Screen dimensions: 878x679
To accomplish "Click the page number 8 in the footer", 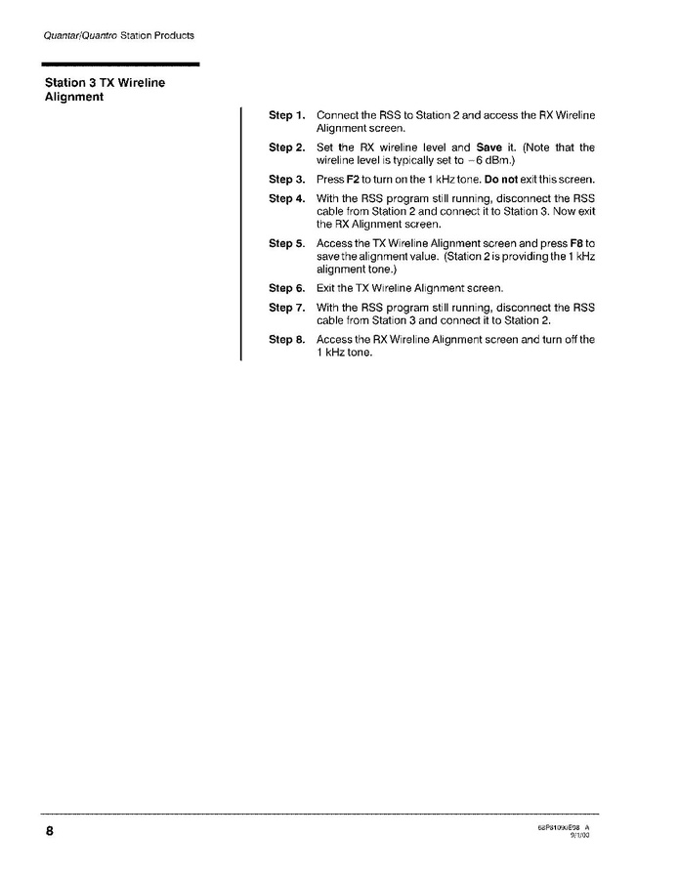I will click(x=48, y=832).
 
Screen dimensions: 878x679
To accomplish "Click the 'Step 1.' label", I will click(x=287, y=116).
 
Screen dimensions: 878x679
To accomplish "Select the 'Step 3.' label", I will click(x=287, y=180).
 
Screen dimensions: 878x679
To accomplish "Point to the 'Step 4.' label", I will click(x=287, y=199).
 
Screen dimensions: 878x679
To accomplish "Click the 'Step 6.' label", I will click(x=287, y=288).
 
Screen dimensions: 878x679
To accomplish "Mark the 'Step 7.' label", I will click(x=287, y=308).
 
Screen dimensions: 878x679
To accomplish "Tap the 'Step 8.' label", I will click(x=287, y=340).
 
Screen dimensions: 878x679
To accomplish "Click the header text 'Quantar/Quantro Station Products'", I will click(x=119, y=35).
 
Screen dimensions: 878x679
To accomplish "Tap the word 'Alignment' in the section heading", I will click(x=74, y=97).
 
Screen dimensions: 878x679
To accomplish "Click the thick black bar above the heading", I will click(x=122, y=64).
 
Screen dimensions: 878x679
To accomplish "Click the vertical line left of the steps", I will click(x=241, y=234).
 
